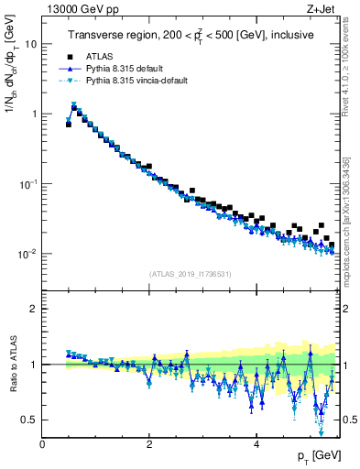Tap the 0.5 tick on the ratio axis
(x=29, y=420)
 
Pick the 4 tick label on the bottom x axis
(x=256, y=443)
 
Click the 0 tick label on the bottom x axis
(x=42, y=443)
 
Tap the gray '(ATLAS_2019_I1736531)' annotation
(x=190, y=273)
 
